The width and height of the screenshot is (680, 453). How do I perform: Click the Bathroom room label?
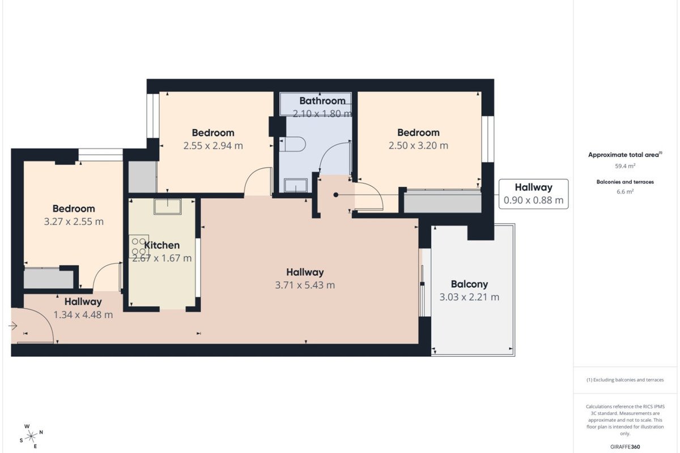click(x=322, y=101)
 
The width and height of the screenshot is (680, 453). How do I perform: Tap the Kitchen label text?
click(x=162, y=245)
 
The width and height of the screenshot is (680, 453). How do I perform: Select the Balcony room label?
click(x=469, y=284)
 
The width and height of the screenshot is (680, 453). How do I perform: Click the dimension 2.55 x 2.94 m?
click(x=213, y=146)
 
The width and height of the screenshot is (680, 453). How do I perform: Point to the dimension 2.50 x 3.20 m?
click(x=418, y=146)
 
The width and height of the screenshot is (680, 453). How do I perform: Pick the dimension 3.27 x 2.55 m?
click(x=74, y=222)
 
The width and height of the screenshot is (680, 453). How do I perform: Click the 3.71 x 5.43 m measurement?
click(x=305, y=285)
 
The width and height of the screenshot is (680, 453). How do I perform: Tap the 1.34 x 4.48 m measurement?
click(x=83, y=315)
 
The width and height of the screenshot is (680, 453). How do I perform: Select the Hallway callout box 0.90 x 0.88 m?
click(x=534, y=194)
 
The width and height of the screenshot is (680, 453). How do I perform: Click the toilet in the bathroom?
click(x=292, y=144)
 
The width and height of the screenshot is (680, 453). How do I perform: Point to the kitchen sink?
click(x=168, y=206)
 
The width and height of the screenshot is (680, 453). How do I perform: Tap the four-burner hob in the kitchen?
click(x=139, y=246)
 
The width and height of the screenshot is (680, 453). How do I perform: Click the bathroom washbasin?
click(x=296, y=185)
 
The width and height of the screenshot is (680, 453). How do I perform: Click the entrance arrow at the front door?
click(x=12, y=326)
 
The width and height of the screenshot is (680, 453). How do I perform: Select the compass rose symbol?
click(x=31, y=437)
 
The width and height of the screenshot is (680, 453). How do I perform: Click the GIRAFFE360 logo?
click(x=625, y=447)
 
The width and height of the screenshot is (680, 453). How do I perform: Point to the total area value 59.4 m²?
click(x=625, y=166)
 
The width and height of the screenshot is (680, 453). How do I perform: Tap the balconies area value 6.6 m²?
click(x=625, y=191)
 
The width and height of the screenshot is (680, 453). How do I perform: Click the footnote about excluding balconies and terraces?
click(x=625, y=379)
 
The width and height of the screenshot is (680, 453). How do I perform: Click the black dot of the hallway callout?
click(x=335, y=195)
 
